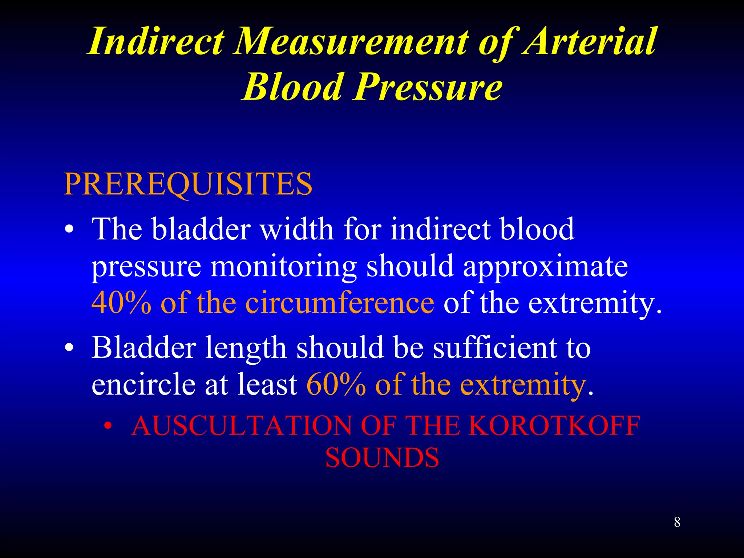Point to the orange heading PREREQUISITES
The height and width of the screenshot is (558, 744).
tap(188, 184)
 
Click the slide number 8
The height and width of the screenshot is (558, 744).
tap(677, 522)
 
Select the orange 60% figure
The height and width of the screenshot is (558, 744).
tap(336, 384)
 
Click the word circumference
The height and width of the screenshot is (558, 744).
tap(340, 303)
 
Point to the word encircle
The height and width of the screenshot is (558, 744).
tap(143, 384)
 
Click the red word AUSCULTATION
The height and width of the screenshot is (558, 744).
tap(241, 425)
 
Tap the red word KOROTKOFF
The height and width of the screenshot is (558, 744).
tap(554, 425)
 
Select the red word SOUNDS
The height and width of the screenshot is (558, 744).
tap(382, 457)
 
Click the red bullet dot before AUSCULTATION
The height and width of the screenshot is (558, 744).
tap(108, 426)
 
